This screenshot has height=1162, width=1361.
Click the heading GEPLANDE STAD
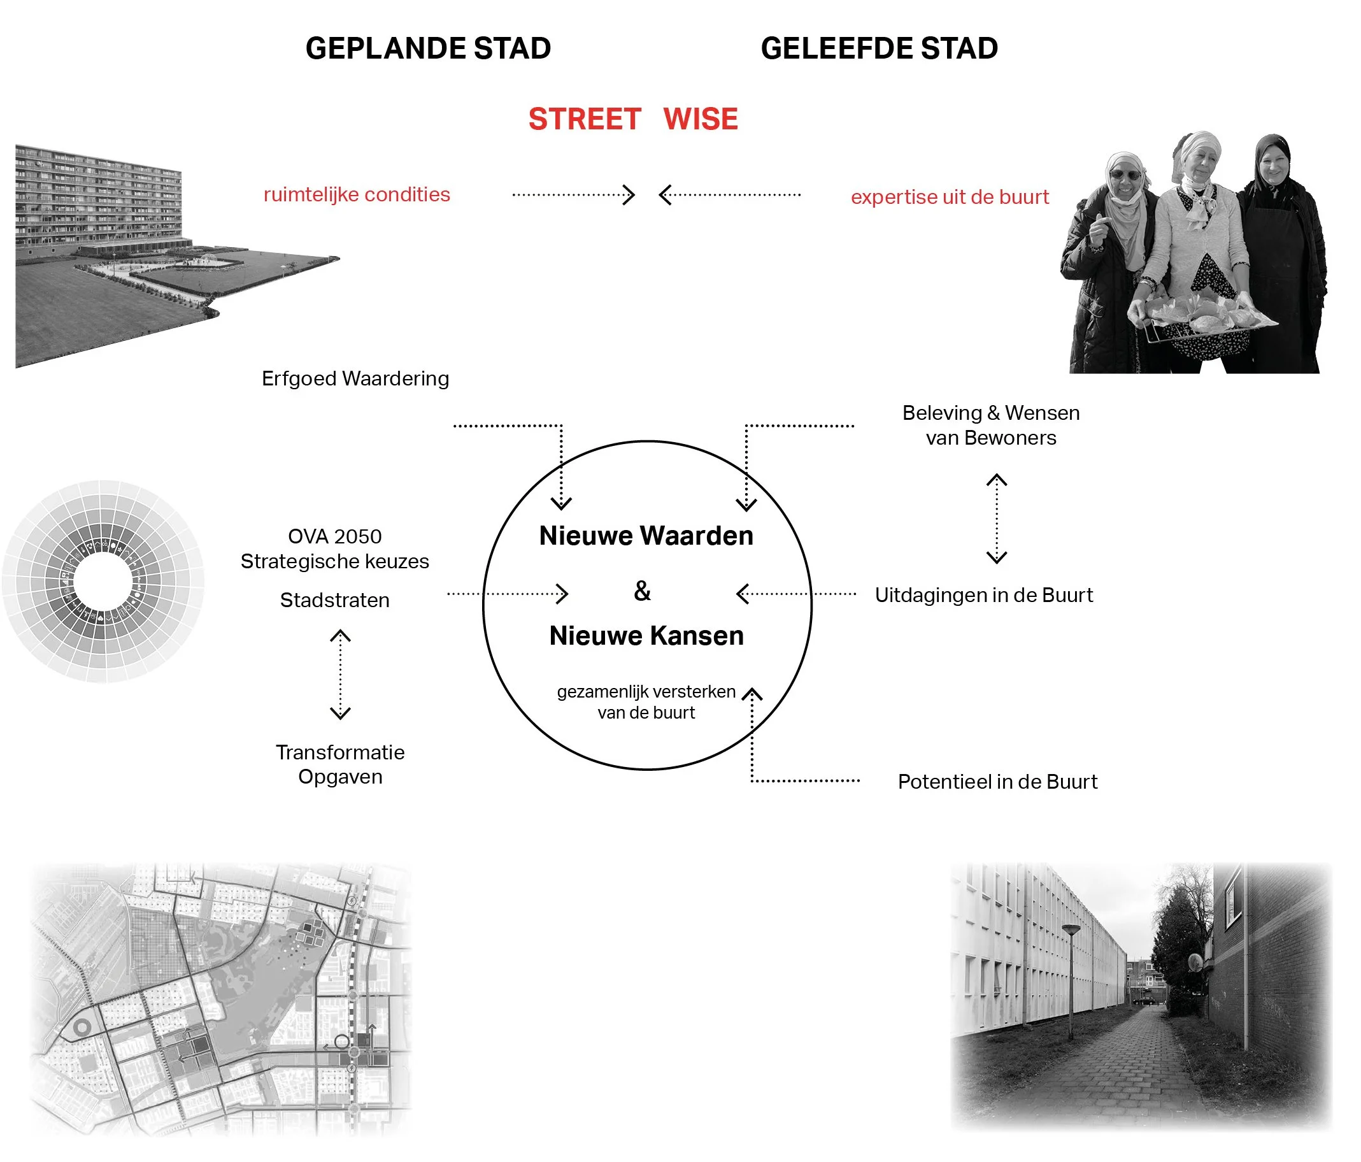click(427, 48)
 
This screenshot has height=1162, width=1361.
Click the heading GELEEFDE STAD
click(879, 48)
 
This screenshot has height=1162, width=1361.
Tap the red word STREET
click(585, 120)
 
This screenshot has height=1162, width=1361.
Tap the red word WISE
click(700, 120)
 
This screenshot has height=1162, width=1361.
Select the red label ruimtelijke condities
click(357, 194)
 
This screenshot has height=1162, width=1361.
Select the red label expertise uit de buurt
click(949, 197)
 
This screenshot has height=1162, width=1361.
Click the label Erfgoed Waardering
click(355, 378)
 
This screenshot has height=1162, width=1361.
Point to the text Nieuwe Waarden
click(646, 536)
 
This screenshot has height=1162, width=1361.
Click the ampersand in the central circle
click(643, 591)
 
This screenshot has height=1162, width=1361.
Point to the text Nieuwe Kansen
click(646, 636)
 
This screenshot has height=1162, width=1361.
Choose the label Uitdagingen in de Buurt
click(983, 595)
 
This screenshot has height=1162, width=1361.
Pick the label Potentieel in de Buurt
click(997, 782)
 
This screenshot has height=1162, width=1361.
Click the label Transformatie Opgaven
click(340, 764)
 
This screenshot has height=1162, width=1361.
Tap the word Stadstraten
click(334, 600)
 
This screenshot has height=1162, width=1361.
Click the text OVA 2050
click(334, 536)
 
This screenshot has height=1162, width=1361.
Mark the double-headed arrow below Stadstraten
click(340, 675)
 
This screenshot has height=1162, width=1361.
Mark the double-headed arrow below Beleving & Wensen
click(997, 519)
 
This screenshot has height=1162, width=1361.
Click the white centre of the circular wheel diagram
click(103, 582)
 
